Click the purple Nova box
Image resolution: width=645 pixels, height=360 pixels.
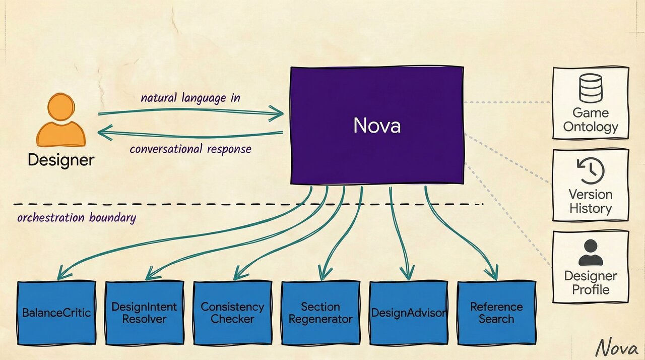point(377,125)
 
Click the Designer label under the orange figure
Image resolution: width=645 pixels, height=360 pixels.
point(60,160)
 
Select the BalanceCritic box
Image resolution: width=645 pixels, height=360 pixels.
point(56,313)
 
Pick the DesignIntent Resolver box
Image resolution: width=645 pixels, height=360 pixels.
point(144,313)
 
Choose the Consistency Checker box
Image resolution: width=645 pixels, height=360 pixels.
point(232,313)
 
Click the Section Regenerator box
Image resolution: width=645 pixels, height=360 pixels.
point(320,313)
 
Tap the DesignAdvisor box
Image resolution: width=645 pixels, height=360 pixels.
point(408,313)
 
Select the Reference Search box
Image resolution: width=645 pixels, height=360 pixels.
point(496,313)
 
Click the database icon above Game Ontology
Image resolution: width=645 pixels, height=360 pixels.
point(591,89)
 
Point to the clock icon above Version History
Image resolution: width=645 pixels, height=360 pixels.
point(591,171)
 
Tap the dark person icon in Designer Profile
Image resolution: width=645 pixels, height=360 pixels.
point(591,253)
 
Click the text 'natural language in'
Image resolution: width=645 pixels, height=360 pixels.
point(190,98)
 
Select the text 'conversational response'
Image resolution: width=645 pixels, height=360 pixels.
point(190,149)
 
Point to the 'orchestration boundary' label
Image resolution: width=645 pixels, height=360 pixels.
point(76,218)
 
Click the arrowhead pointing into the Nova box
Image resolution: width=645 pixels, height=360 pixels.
point(277,113)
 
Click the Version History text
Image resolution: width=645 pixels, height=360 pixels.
point(591,202)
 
